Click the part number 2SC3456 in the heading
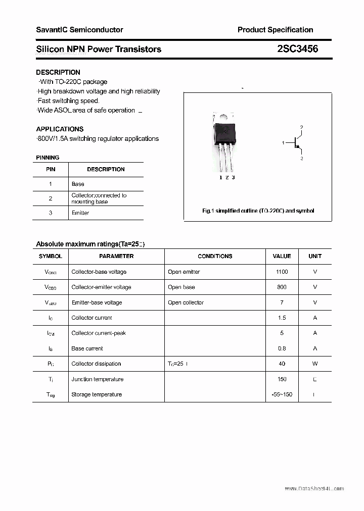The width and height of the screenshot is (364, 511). point(298,49)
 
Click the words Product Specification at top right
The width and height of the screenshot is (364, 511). point(275,30)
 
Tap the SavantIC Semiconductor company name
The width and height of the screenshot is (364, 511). point(79,30)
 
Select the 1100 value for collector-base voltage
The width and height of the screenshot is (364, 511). point(282,272)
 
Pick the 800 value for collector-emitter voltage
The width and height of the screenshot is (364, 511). point(282,287)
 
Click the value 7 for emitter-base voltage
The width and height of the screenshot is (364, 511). point(282,302)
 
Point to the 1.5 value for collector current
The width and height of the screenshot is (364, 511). point(282,318)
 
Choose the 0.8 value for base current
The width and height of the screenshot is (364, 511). point(282,348)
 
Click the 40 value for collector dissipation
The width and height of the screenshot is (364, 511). point(282,364)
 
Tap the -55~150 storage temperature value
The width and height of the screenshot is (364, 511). point(282,394)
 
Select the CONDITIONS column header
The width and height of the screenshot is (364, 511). point(215,256)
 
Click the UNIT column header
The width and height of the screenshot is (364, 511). point(315,256)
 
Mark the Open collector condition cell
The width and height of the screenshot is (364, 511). point(186,302)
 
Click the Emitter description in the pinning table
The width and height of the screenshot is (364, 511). point(80,213)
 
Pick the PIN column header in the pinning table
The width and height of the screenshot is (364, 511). point(51,169)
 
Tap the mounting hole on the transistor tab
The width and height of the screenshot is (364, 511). point(225,117)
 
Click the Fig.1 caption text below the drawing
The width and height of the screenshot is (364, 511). point(258,211)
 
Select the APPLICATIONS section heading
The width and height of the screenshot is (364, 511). point(60,129)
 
